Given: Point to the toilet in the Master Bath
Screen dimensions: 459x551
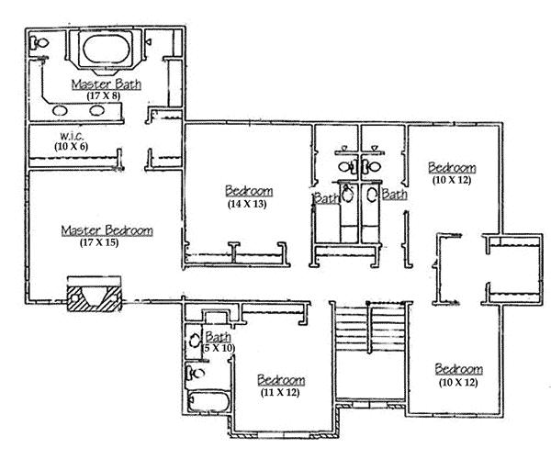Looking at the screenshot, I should coord(39,43).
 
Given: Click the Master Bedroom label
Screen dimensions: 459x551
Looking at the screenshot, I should coord(107,230).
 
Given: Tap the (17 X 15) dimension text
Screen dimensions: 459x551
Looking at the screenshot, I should coord(103,242).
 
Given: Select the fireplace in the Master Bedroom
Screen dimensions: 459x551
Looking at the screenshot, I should coord(92,296).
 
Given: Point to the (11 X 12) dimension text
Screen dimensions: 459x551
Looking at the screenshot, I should coord(281,392).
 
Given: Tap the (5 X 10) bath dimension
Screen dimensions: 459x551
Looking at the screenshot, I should coord(219,348).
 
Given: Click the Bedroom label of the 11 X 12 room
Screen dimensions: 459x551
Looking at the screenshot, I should coord(281,380).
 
